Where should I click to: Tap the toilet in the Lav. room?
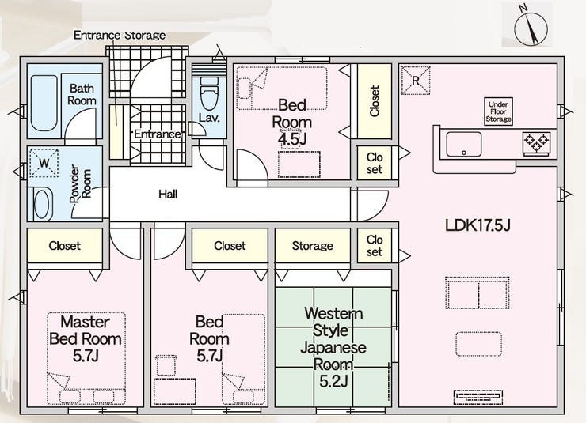click(208, 93)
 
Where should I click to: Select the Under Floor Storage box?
click(498, 111)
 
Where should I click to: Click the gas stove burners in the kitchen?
click(536, 143)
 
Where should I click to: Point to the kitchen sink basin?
click(464, 144)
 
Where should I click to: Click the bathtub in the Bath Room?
click(44, 103)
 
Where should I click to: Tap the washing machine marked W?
click(44, 163)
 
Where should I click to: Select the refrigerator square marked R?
click(416, 81)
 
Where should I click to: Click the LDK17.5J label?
click(478, 225)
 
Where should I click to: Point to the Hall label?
click(168, 194)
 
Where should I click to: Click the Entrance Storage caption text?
click(120, 35)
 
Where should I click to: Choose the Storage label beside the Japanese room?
click(313, 246)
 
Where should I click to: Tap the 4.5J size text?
click(292, 139)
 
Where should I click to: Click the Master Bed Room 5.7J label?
click(86, 338)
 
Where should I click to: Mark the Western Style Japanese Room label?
click(333, 347)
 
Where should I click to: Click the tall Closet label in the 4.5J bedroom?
click(375, 101)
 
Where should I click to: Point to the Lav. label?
click(209, 118)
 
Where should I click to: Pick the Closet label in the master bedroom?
click(65, 246)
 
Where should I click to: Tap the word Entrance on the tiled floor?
click(158, 134)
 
